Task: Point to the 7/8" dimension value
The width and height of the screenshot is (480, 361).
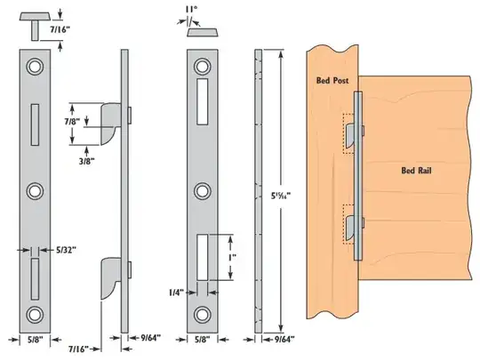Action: pos(70,119)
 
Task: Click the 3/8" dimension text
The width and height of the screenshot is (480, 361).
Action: pos(87,161)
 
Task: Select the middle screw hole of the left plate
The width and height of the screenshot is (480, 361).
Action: pos(36,190)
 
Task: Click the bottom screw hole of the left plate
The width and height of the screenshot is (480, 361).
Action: pos(36,313)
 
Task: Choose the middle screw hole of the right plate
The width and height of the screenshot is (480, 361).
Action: pos(203,190)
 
